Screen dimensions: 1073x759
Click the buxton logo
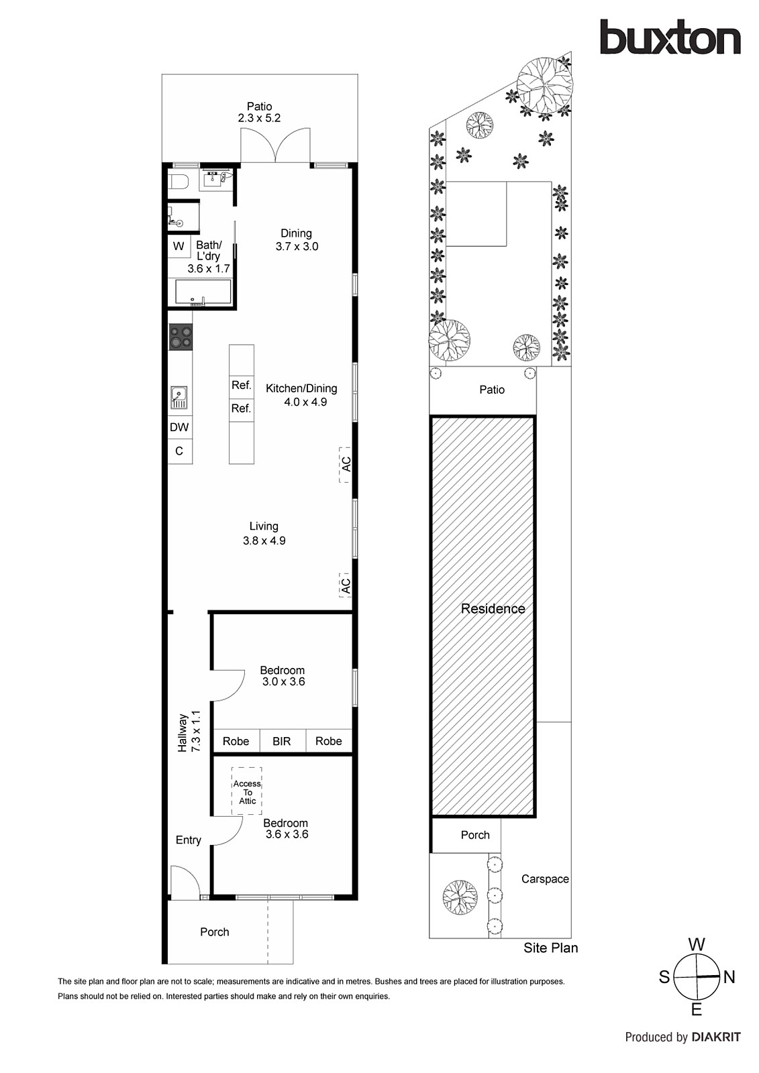(670, 38)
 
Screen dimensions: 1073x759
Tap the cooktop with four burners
(180, 337)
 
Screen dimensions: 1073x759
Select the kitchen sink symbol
(179, 397)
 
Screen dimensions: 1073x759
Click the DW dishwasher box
(179, 427)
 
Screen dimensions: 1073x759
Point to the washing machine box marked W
(179, 246)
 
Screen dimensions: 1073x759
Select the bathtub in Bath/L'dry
(203, 292)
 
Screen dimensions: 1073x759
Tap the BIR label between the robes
(282, 741)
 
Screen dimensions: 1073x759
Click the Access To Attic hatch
(247, 791)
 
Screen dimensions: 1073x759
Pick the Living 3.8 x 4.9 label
(264, 533)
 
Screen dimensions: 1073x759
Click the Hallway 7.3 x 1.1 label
(189, 731)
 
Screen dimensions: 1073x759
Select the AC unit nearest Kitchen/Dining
(346, 463)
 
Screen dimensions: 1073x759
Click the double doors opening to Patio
(276, 146)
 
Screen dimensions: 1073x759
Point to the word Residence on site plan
(493, 609)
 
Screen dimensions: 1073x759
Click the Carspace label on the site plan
(544, 879)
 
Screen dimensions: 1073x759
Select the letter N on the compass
(729, 977)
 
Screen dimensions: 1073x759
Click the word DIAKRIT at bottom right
(716, 1037)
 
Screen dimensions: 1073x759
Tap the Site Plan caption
(550, 948)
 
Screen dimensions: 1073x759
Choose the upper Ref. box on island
(241, 385)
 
